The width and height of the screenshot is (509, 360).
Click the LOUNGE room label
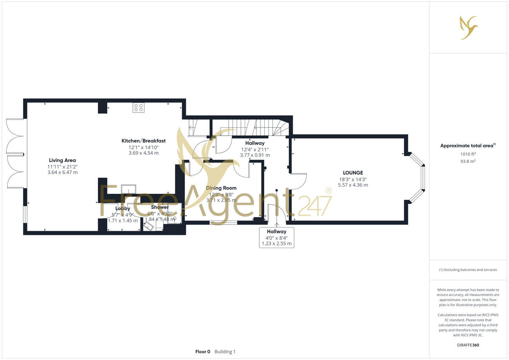click(x=353, y=173)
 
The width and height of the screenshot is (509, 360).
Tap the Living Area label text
click(x=62, y=160)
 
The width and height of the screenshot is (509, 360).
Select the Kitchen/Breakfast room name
click(x=143, y=141)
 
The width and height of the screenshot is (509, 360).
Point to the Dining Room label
click(x=221, y=188)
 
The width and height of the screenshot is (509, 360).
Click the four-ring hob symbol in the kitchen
click(x=138, y=108)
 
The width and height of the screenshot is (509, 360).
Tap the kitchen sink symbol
click(x=129, y=189)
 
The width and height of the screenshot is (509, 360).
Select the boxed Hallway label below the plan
click(x=276, y=232)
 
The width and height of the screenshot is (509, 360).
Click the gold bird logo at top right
click(x=468, y=28)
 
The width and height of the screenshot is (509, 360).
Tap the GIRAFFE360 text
click(x=468, y=345)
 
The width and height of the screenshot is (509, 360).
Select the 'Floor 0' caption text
click(x=203, y=352)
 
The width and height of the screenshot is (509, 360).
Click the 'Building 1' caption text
click(x=225, y=352)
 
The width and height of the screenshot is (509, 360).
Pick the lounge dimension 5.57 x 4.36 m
click(x=353, y=185)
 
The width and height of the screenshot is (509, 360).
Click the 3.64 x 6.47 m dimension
click(x=62, y=172)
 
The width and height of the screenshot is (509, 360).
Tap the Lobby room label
click(x=123, y=208)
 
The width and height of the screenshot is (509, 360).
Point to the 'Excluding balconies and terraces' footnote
click(x=468, y=270)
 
